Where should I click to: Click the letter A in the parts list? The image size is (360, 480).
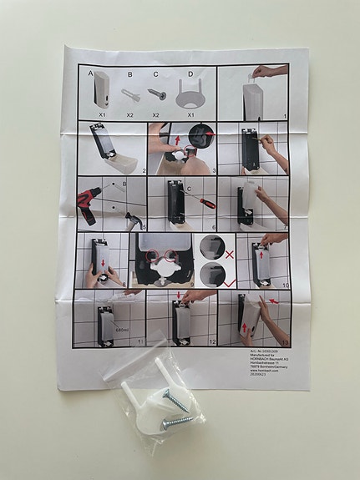(x=89, y=73)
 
